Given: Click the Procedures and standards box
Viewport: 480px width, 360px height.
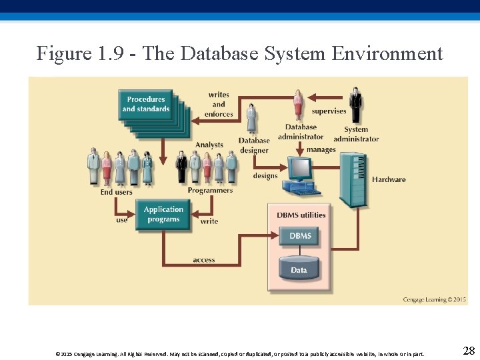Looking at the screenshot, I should (x=146, y=105).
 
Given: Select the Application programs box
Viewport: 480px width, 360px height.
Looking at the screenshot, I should (x=163, y=214).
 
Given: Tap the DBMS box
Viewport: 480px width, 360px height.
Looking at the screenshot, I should (x=300, y=236).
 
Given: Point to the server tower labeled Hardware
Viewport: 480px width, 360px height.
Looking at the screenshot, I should (x=353, y=179).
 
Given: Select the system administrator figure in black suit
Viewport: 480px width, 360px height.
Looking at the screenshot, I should (x=356, y=105).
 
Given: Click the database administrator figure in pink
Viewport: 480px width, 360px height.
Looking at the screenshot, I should (x=298, y=105).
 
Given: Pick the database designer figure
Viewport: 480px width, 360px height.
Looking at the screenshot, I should (x=251, y=119).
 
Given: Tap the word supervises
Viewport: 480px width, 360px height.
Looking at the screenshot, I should (x=329, y=111).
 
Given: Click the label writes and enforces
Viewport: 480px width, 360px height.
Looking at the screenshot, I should (x=219, y=105).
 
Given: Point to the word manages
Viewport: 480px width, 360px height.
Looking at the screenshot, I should (x=321, y=150).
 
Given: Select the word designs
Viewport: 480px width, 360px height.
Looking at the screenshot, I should (x=265, y=176).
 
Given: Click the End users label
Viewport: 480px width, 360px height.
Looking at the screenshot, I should (x=117, y=192).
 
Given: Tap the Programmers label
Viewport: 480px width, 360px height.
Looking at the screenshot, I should (x=210, y=191).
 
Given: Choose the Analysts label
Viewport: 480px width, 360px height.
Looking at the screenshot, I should (x=209, y=145).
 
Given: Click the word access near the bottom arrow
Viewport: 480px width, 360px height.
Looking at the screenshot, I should (x=204, y=260).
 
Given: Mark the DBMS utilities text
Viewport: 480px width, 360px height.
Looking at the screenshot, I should (x=301, y=215).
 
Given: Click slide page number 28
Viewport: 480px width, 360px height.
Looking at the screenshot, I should (x=468, y=351).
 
